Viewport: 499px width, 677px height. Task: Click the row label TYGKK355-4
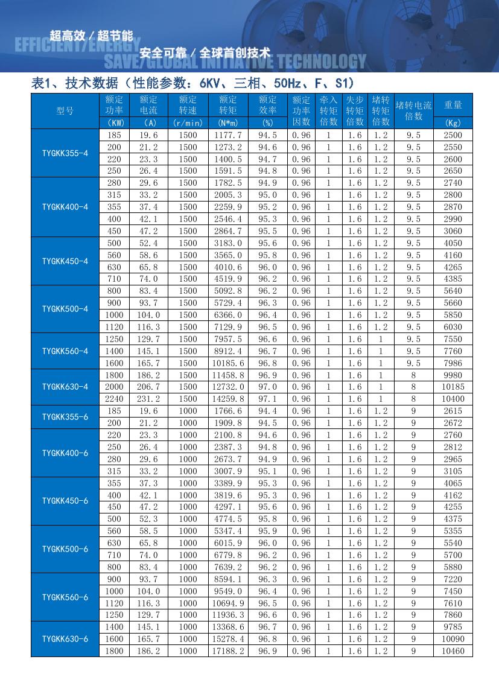tap(65, 153)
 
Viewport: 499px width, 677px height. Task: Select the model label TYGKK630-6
tap(65, 638)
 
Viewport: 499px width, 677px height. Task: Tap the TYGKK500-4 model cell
tap(65, 309)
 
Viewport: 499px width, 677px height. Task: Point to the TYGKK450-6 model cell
tap(65, 501)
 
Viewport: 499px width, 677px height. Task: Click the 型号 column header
tap(65, 111)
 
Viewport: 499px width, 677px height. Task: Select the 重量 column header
tap(453, 105)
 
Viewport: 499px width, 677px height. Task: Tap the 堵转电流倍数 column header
tap(413, 110)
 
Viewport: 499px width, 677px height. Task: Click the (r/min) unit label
tap(188, 122)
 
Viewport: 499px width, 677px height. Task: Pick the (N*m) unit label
tap(228, 122)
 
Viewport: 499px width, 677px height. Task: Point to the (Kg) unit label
tap(453, 122)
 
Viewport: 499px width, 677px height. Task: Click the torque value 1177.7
tap(228, 135)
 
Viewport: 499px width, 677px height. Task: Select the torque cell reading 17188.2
tap(228, 651)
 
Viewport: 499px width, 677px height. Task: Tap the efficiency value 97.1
tap(268, 399)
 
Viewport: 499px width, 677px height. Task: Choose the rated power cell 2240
tap(114, 399)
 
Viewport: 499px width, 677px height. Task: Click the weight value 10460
tap(453, 651)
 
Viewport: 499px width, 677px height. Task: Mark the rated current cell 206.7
tap(148, 387)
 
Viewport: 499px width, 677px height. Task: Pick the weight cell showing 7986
tap(453, 363)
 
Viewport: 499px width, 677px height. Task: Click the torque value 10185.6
tap(228, 363)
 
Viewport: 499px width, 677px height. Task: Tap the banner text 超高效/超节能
tap(91, 35)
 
